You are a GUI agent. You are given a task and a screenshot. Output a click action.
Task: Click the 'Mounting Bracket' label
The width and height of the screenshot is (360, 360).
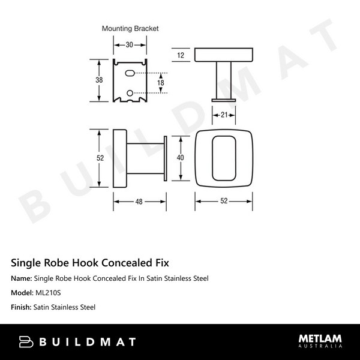pos(130,28)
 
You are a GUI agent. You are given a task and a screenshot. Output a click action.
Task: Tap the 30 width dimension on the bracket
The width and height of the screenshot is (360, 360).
pos(130,44)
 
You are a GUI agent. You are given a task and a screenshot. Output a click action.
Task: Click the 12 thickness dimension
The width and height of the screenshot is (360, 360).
pos(181,55)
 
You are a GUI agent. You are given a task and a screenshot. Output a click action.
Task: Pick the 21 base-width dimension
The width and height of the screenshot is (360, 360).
pos(223,115)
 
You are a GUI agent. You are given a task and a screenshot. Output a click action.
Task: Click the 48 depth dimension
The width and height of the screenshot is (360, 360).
pos(139,202)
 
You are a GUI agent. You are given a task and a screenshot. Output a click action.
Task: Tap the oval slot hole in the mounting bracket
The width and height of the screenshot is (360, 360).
pos(130,73)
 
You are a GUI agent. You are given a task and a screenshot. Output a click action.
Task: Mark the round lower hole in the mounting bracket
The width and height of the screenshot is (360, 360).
pos(130,92)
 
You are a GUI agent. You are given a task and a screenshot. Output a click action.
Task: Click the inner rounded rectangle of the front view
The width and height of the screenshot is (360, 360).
pos(223,157)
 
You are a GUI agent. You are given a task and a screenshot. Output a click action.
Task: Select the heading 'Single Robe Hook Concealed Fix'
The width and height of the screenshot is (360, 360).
pos(90,262)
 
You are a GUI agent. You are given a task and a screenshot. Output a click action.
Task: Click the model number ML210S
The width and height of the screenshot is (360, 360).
pos(48,293)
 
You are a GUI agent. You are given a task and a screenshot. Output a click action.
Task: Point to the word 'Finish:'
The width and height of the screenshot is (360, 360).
pos(21,307)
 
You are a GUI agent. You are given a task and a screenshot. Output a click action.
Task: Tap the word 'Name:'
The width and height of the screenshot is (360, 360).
pos(22,278)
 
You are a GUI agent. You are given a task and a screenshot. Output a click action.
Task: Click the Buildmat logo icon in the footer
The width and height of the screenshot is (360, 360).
pos(27,342)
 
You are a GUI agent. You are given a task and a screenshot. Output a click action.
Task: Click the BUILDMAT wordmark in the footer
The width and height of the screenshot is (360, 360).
pos(88,342)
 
